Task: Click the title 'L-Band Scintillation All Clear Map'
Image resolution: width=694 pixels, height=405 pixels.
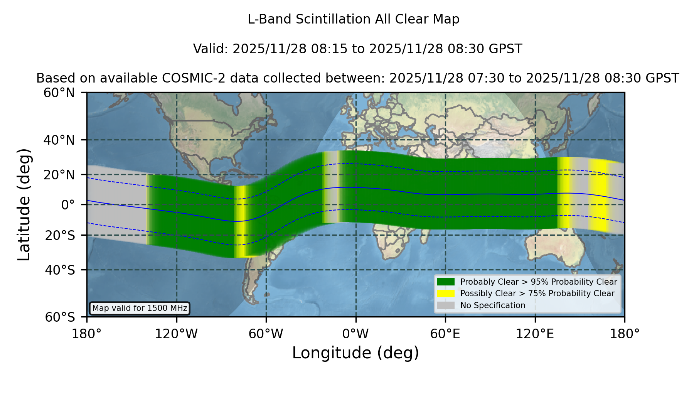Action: (353, 19)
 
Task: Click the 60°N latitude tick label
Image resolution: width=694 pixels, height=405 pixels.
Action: (59, 93)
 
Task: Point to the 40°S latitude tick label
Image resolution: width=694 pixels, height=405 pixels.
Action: (60, 270)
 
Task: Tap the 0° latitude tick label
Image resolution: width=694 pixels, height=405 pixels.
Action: (68, 205)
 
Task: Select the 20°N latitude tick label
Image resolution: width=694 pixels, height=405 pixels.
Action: (59, 175)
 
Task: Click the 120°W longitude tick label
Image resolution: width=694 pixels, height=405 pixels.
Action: (176, 334)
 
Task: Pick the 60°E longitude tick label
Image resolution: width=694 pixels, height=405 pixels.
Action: (445, 334)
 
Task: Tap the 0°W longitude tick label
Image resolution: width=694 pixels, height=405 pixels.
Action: (355, 334)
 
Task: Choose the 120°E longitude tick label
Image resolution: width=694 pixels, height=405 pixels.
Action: (535, 334)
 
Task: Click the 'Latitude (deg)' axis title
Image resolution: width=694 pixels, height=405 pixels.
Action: (24, 204)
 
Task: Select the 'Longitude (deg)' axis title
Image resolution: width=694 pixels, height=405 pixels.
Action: (355, 353)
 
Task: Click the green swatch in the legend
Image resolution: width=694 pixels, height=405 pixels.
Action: (446, 282)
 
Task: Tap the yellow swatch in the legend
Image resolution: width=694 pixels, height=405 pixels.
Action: (446, 294)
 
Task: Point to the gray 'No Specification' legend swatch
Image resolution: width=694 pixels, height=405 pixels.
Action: (446, 305)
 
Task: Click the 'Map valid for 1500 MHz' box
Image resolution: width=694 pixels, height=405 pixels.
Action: (140, 308)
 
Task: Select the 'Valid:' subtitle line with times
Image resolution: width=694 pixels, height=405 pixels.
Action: (357, 49)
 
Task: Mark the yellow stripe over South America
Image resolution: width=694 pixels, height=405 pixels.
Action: (241, 221)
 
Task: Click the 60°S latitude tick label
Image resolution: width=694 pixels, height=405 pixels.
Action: (60, 317)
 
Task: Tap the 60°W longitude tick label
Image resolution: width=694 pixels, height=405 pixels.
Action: (266, 334)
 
